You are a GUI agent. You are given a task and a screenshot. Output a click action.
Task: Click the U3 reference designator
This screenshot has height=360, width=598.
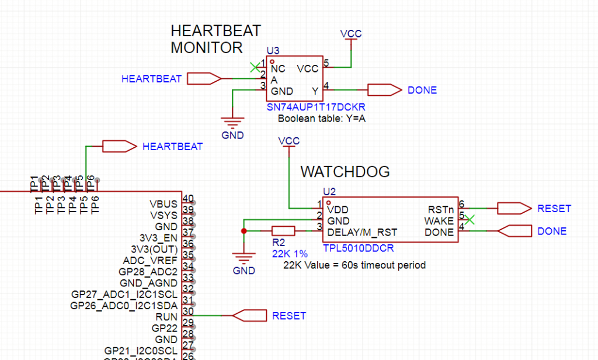pyautogui.click(x=272, y=51)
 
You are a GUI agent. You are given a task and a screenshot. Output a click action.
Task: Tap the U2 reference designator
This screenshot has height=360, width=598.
pyautogui.click(x=329, y=191)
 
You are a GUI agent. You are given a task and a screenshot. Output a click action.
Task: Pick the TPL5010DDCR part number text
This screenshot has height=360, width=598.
pyautogui.click(x=358, y=248)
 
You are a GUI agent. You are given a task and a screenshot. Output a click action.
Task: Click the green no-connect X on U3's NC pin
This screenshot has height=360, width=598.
pyautogui.click(x=254, y=67)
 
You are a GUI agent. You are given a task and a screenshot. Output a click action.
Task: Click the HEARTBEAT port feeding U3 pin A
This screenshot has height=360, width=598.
pyautogui.click(x=206, y=78)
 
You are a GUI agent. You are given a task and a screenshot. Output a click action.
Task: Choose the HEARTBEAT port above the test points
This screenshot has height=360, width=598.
pyautogui.click(x=119, y=146)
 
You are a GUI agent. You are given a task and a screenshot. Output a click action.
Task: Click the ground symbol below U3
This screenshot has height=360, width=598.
pyautogui.click(x=233, y=123)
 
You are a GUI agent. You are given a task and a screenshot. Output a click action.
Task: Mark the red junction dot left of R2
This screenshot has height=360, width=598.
pyautogui.click(x=244, y=231)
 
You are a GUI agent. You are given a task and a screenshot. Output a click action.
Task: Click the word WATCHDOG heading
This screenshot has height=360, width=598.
pyautogui.click(x=345, y=172)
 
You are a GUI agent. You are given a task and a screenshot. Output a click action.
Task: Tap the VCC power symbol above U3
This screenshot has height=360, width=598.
pyautogui.click(x=352, y=34)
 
